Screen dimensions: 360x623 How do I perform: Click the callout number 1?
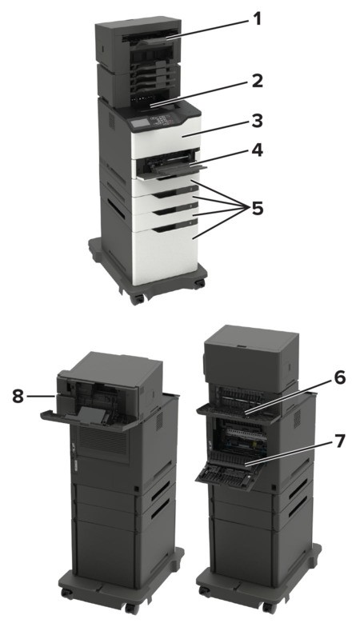(258, 18)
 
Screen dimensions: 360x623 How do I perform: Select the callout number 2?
(258, 81)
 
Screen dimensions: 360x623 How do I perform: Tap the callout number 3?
(258, 121)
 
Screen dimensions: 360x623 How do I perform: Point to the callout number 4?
(258, 150)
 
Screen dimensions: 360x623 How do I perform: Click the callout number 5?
(258, 208)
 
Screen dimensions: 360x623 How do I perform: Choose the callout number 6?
(340, 377)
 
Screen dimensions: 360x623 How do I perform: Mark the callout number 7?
(340, 441)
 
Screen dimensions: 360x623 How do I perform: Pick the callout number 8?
(18, 396)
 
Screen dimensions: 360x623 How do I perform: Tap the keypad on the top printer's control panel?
(162, 120)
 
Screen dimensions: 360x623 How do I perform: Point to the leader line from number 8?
(40, 396)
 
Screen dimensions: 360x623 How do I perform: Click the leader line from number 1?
(210, 28)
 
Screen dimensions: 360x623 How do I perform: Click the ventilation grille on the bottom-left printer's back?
(104, 440)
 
